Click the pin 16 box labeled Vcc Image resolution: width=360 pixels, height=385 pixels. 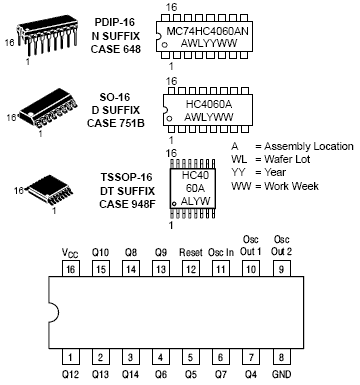(x=71, y=268)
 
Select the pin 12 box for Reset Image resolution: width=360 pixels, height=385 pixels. (x=191, y=268)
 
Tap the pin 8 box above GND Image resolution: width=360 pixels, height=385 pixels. (x=281, y=357)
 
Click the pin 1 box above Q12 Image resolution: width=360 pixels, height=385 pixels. (x=71, y=357)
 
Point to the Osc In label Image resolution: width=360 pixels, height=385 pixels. (x=221, y=252)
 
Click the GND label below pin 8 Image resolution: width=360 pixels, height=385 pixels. (x=281, y=374)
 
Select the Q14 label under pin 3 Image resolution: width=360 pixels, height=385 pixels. (x=130, y=374)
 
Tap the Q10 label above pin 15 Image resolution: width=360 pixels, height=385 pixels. (x=100, y=252)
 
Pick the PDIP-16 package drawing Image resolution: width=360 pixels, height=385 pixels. (x=49, y=36)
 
